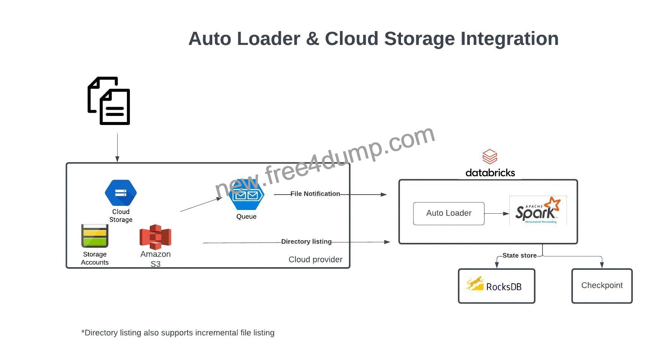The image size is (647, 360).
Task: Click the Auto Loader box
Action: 449,213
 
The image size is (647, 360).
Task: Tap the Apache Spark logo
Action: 538,210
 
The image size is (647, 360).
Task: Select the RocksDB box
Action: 496,286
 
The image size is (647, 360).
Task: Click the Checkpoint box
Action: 602,286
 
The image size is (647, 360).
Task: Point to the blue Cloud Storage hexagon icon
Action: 121,193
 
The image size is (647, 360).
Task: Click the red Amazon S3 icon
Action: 155,237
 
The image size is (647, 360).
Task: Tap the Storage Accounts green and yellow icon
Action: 95,236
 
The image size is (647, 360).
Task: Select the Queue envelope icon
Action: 247,195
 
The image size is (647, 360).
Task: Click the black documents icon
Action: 109,101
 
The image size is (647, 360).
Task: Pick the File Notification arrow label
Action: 315,194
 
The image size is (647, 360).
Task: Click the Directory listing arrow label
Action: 306,242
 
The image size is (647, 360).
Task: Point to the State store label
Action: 519,256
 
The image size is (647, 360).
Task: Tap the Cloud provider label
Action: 315,260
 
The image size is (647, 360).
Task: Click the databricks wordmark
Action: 490,173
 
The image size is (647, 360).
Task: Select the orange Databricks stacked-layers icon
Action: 490,157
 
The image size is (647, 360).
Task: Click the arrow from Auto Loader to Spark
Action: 497,214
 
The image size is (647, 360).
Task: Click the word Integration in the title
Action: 510,39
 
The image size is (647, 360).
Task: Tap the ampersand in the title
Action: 312,39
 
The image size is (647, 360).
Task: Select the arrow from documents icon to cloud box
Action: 117,148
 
